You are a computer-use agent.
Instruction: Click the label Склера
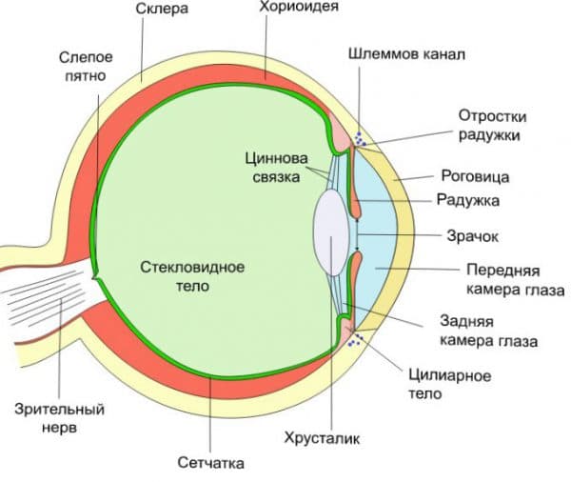click(162, 10)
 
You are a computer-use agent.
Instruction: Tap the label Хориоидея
click(299, 7)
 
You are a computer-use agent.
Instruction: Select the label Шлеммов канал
click(406, 54)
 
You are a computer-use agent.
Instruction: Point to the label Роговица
click(475, 176)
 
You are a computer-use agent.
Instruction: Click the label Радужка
click(468, 201)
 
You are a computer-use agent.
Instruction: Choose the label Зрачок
click(472, 236)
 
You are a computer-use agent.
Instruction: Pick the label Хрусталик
click(322, 438)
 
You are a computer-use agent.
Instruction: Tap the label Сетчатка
click(211, 463)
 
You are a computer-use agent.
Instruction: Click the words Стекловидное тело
click(192, 276)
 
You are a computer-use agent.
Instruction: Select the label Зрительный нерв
click(59, 418)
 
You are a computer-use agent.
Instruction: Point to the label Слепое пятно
click(86, 67)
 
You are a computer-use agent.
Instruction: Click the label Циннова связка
click(276, 168)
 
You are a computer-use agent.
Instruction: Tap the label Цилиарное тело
click(450, 385)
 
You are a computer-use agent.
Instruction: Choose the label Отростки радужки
click(492, 126)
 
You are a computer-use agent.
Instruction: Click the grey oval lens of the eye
click(331, 232)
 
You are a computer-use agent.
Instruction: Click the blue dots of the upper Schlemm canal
click(360, 139)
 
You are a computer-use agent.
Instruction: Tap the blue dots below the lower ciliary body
click(355, 340)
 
